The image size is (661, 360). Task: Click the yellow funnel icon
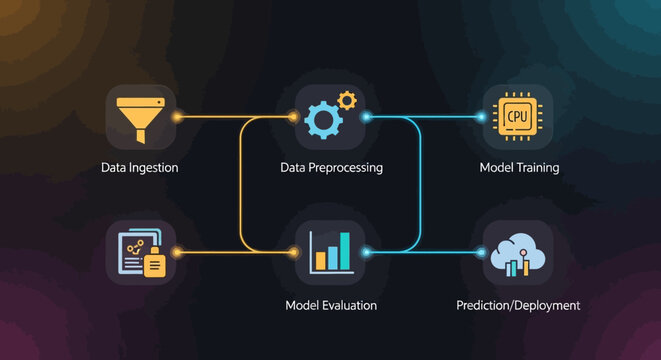coord(141,117)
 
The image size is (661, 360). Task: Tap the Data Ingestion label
coord(140,168)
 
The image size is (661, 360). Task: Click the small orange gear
coord(347,100)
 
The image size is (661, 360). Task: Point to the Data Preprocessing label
coord(331,168)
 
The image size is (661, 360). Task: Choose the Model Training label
coord(519,168)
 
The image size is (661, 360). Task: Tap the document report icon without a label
coord(141,253)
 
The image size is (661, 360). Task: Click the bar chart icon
coord(331,253)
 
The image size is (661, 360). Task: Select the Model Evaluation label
coord(331,305)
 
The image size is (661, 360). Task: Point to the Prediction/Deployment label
coord(518,305)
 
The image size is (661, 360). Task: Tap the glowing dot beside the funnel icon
coord(178,117)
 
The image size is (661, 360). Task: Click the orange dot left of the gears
coord(294,117)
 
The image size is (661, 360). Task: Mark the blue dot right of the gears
coord(366,117)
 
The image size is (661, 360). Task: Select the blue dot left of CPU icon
coord(482,117)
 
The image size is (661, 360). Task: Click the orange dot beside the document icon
coord(178,252)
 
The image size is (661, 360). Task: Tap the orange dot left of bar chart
coord(294,252)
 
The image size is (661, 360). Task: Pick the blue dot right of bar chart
coord(366,252)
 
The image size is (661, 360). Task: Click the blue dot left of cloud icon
coord(482,252)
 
